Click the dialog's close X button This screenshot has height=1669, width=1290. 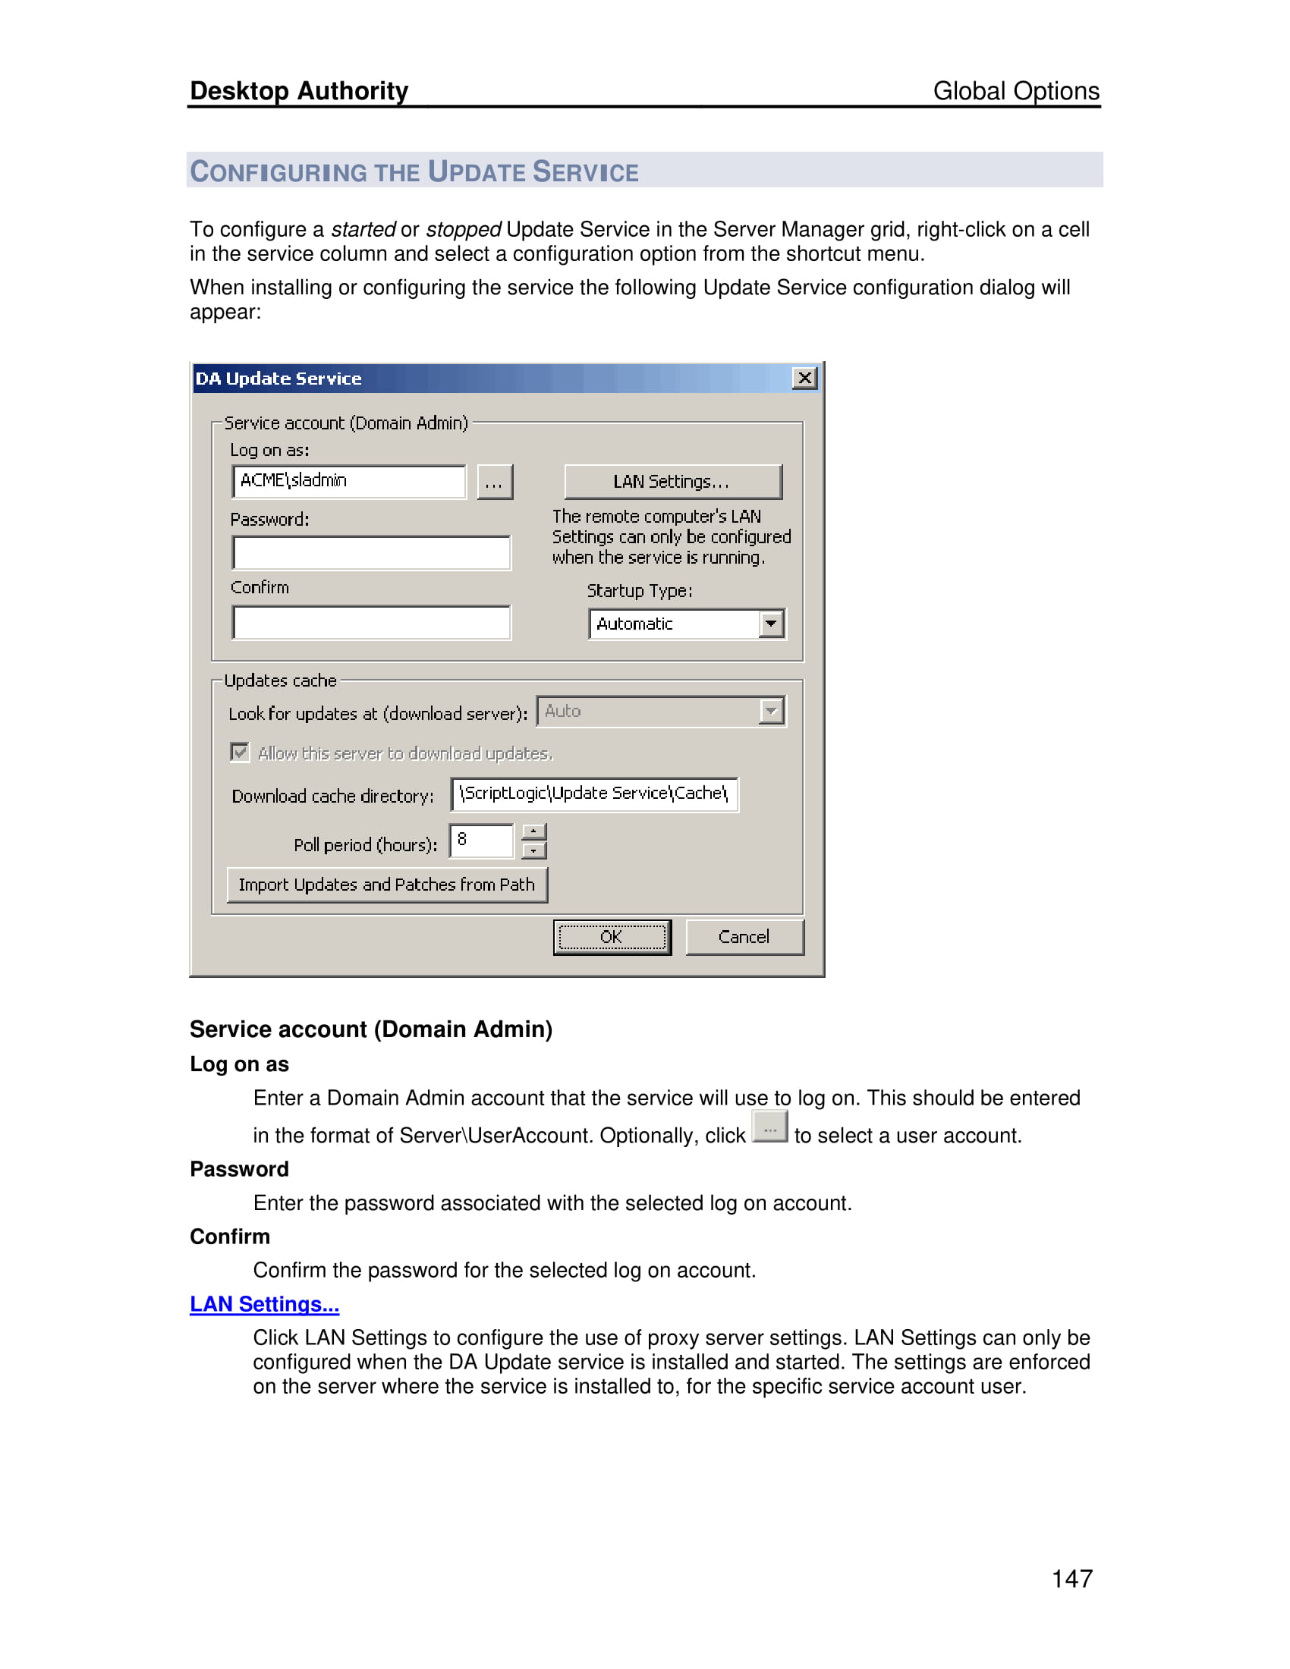[x=804, y=379]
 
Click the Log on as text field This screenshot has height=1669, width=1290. [x=349, y=482]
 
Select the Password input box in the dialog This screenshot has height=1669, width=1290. [x=371, y=552]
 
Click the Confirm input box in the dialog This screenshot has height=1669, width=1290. [x=371, y=623]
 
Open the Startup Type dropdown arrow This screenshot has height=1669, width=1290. [x=772, y=624]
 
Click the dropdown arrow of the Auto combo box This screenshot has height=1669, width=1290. [x=772, y=712]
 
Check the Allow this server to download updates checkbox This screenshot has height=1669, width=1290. [x=240, y=753]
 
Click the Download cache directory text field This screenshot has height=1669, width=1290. [x=594, y=794]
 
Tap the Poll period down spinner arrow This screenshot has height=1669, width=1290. [x=534, y=850]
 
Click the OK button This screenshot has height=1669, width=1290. [x=612, y=937]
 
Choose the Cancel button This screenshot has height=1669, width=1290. [x=744, y=937]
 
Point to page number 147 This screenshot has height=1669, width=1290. [x=1071, y=1579]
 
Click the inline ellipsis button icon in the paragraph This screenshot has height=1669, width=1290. [x=769, y=1128]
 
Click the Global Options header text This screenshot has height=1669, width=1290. [x=1015, y=91]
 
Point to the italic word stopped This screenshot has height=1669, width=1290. [x=463, y=229]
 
